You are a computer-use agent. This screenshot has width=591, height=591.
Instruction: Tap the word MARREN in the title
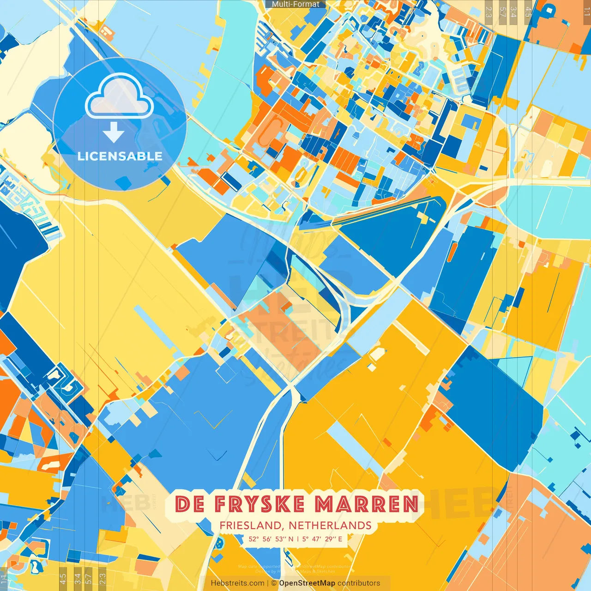pos(367,504)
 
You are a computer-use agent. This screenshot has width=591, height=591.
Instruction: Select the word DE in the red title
pos(190,504)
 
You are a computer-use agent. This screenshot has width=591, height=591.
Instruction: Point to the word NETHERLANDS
pos(330,525)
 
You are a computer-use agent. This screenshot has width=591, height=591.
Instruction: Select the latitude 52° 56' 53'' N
pos(271,539)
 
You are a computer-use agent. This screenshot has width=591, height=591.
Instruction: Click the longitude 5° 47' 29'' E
pos(323,539)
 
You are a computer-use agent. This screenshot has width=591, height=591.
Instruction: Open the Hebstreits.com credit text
pos(237,583)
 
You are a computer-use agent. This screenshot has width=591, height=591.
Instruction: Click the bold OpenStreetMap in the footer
pos(307,583)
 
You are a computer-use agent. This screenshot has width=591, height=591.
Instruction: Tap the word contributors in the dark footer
pos(359,583)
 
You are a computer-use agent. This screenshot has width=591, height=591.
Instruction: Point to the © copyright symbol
pos(274,583)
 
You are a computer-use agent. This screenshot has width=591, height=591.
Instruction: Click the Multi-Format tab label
pos(295,4)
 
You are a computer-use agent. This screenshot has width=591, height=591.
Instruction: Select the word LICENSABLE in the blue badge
pos(120,156)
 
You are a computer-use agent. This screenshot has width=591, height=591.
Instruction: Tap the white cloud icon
pos(119,97)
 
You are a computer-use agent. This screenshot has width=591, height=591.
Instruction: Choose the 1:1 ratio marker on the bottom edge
pos(4,579)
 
